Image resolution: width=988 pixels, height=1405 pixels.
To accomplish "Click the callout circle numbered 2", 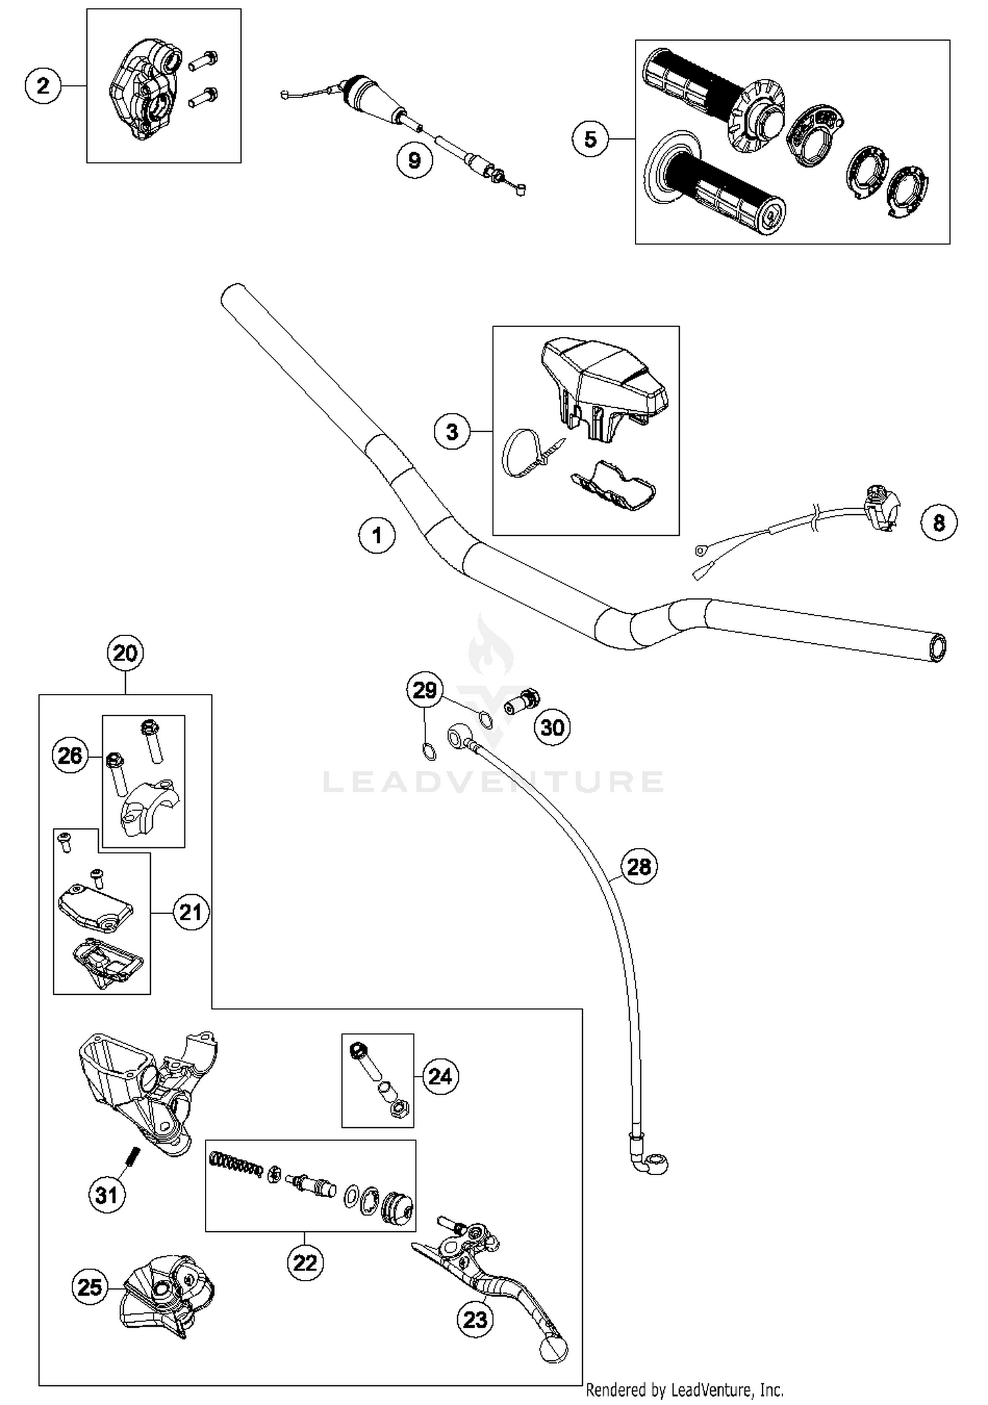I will pos(43,86).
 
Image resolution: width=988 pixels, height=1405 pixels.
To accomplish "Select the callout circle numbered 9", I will pos(414,160).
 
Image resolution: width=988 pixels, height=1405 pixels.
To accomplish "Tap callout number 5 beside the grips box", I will pos(590,139).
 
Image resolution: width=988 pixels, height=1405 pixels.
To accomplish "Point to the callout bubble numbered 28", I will pos(638,866).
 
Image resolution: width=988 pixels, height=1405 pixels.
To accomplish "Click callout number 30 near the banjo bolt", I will pos(552,727).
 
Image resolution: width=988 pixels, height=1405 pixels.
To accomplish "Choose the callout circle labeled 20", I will pos(125,653).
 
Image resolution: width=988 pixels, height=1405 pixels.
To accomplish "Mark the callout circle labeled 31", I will pos(107,1194).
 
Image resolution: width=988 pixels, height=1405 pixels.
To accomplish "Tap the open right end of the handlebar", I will pos(936,648).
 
